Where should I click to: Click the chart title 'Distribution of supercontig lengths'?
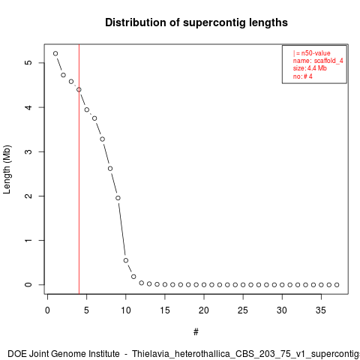coord(196,22)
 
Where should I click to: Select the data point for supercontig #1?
coord(55,53)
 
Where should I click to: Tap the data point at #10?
coord(126,260)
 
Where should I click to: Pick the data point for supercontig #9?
coord(118,198)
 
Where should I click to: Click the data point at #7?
coord(102,139)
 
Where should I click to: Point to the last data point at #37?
coord(337,285)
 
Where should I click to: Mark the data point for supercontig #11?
coord(133,277)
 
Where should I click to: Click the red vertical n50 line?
coord(79,169)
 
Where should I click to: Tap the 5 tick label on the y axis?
coord(28,62)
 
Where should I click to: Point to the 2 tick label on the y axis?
coord(28,196)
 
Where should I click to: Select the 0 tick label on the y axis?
coord(28,284)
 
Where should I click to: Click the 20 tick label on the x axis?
coord(204,310)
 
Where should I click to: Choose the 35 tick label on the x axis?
coord(321,310)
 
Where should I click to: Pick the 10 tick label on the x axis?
coord(126,310)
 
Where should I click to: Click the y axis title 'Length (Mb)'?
coord(7,169)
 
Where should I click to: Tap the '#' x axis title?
coord(196,332)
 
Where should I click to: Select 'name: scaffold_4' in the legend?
coord(318,61)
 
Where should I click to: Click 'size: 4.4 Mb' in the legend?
coord(310,68)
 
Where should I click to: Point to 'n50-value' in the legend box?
coord(316,53)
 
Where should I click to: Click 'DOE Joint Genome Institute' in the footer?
coord(64,354)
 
